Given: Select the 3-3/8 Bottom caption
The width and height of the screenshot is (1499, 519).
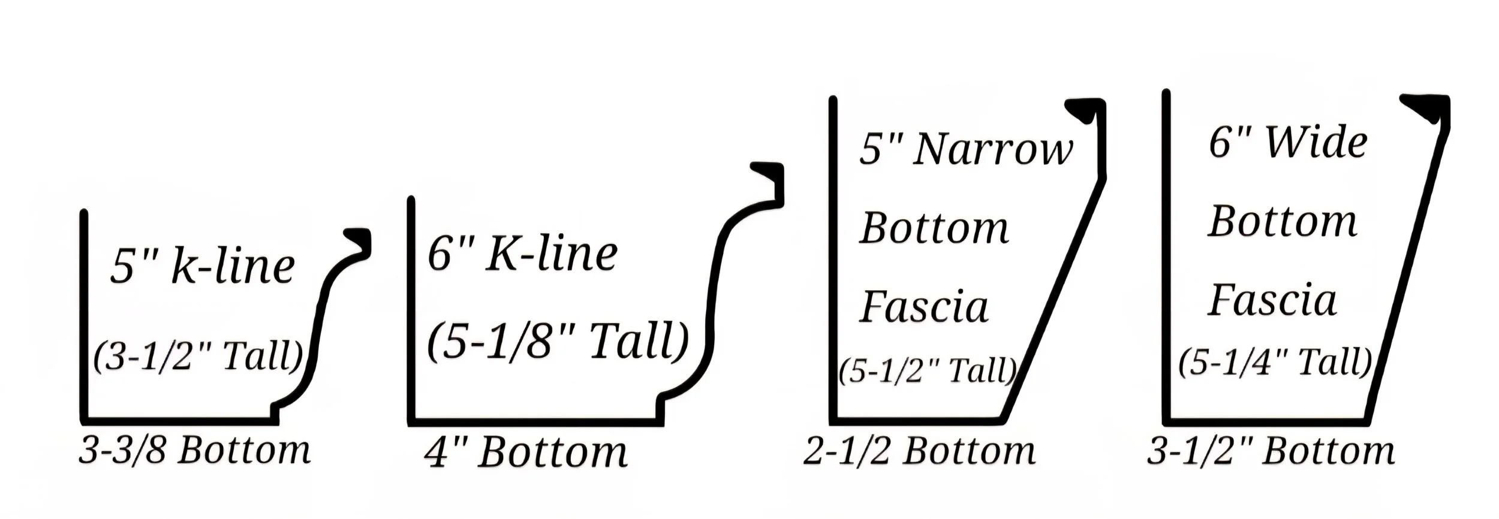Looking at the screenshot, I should pyautogui.click(x=195, y=451).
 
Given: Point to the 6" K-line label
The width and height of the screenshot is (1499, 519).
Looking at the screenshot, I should pyautogui.click(x=522, y=254).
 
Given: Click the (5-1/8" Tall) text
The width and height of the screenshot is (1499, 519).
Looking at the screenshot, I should pyautogui.click(x=558, y=343).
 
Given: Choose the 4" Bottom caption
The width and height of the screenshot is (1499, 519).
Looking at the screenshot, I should pyautogui.click(x=526, y=452).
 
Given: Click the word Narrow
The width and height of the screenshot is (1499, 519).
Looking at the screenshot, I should pyautogui.click(x=993, y=149).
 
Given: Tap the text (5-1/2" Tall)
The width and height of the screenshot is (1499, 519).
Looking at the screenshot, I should pyautogui.click(x=927, y=371).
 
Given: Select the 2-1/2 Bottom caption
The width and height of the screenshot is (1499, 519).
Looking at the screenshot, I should pyautogui.click(x=919, y=451).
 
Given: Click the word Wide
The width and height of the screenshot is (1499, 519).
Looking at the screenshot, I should pyautogui.click(x=1316, y=143).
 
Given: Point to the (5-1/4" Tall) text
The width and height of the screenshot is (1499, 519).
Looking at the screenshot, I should pyautogui.click(x=1275, y=363).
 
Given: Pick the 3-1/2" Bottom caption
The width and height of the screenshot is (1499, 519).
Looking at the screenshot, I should pyautogui.click(x=1271, y=451).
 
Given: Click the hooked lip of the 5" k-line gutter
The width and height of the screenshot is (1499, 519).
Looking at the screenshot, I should pyautogui.click(x=359, y=240).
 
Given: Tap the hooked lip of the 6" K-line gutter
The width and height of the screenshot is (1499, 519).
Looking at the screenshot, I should pyautogui.click(x=769, y=176).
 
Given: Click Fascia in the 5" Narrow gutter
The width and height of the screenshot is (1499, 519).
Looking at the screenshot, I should pyautogui.click(x=925, y=307).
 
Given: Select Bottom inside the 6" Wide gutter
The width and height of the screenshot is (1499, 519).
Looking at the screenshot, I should pyautogui.click(x=1283, y=222).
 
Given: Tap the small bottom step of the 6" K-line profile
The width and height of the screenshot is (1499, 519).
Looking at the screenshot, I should pyautogui.click(x=661, y=408).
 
